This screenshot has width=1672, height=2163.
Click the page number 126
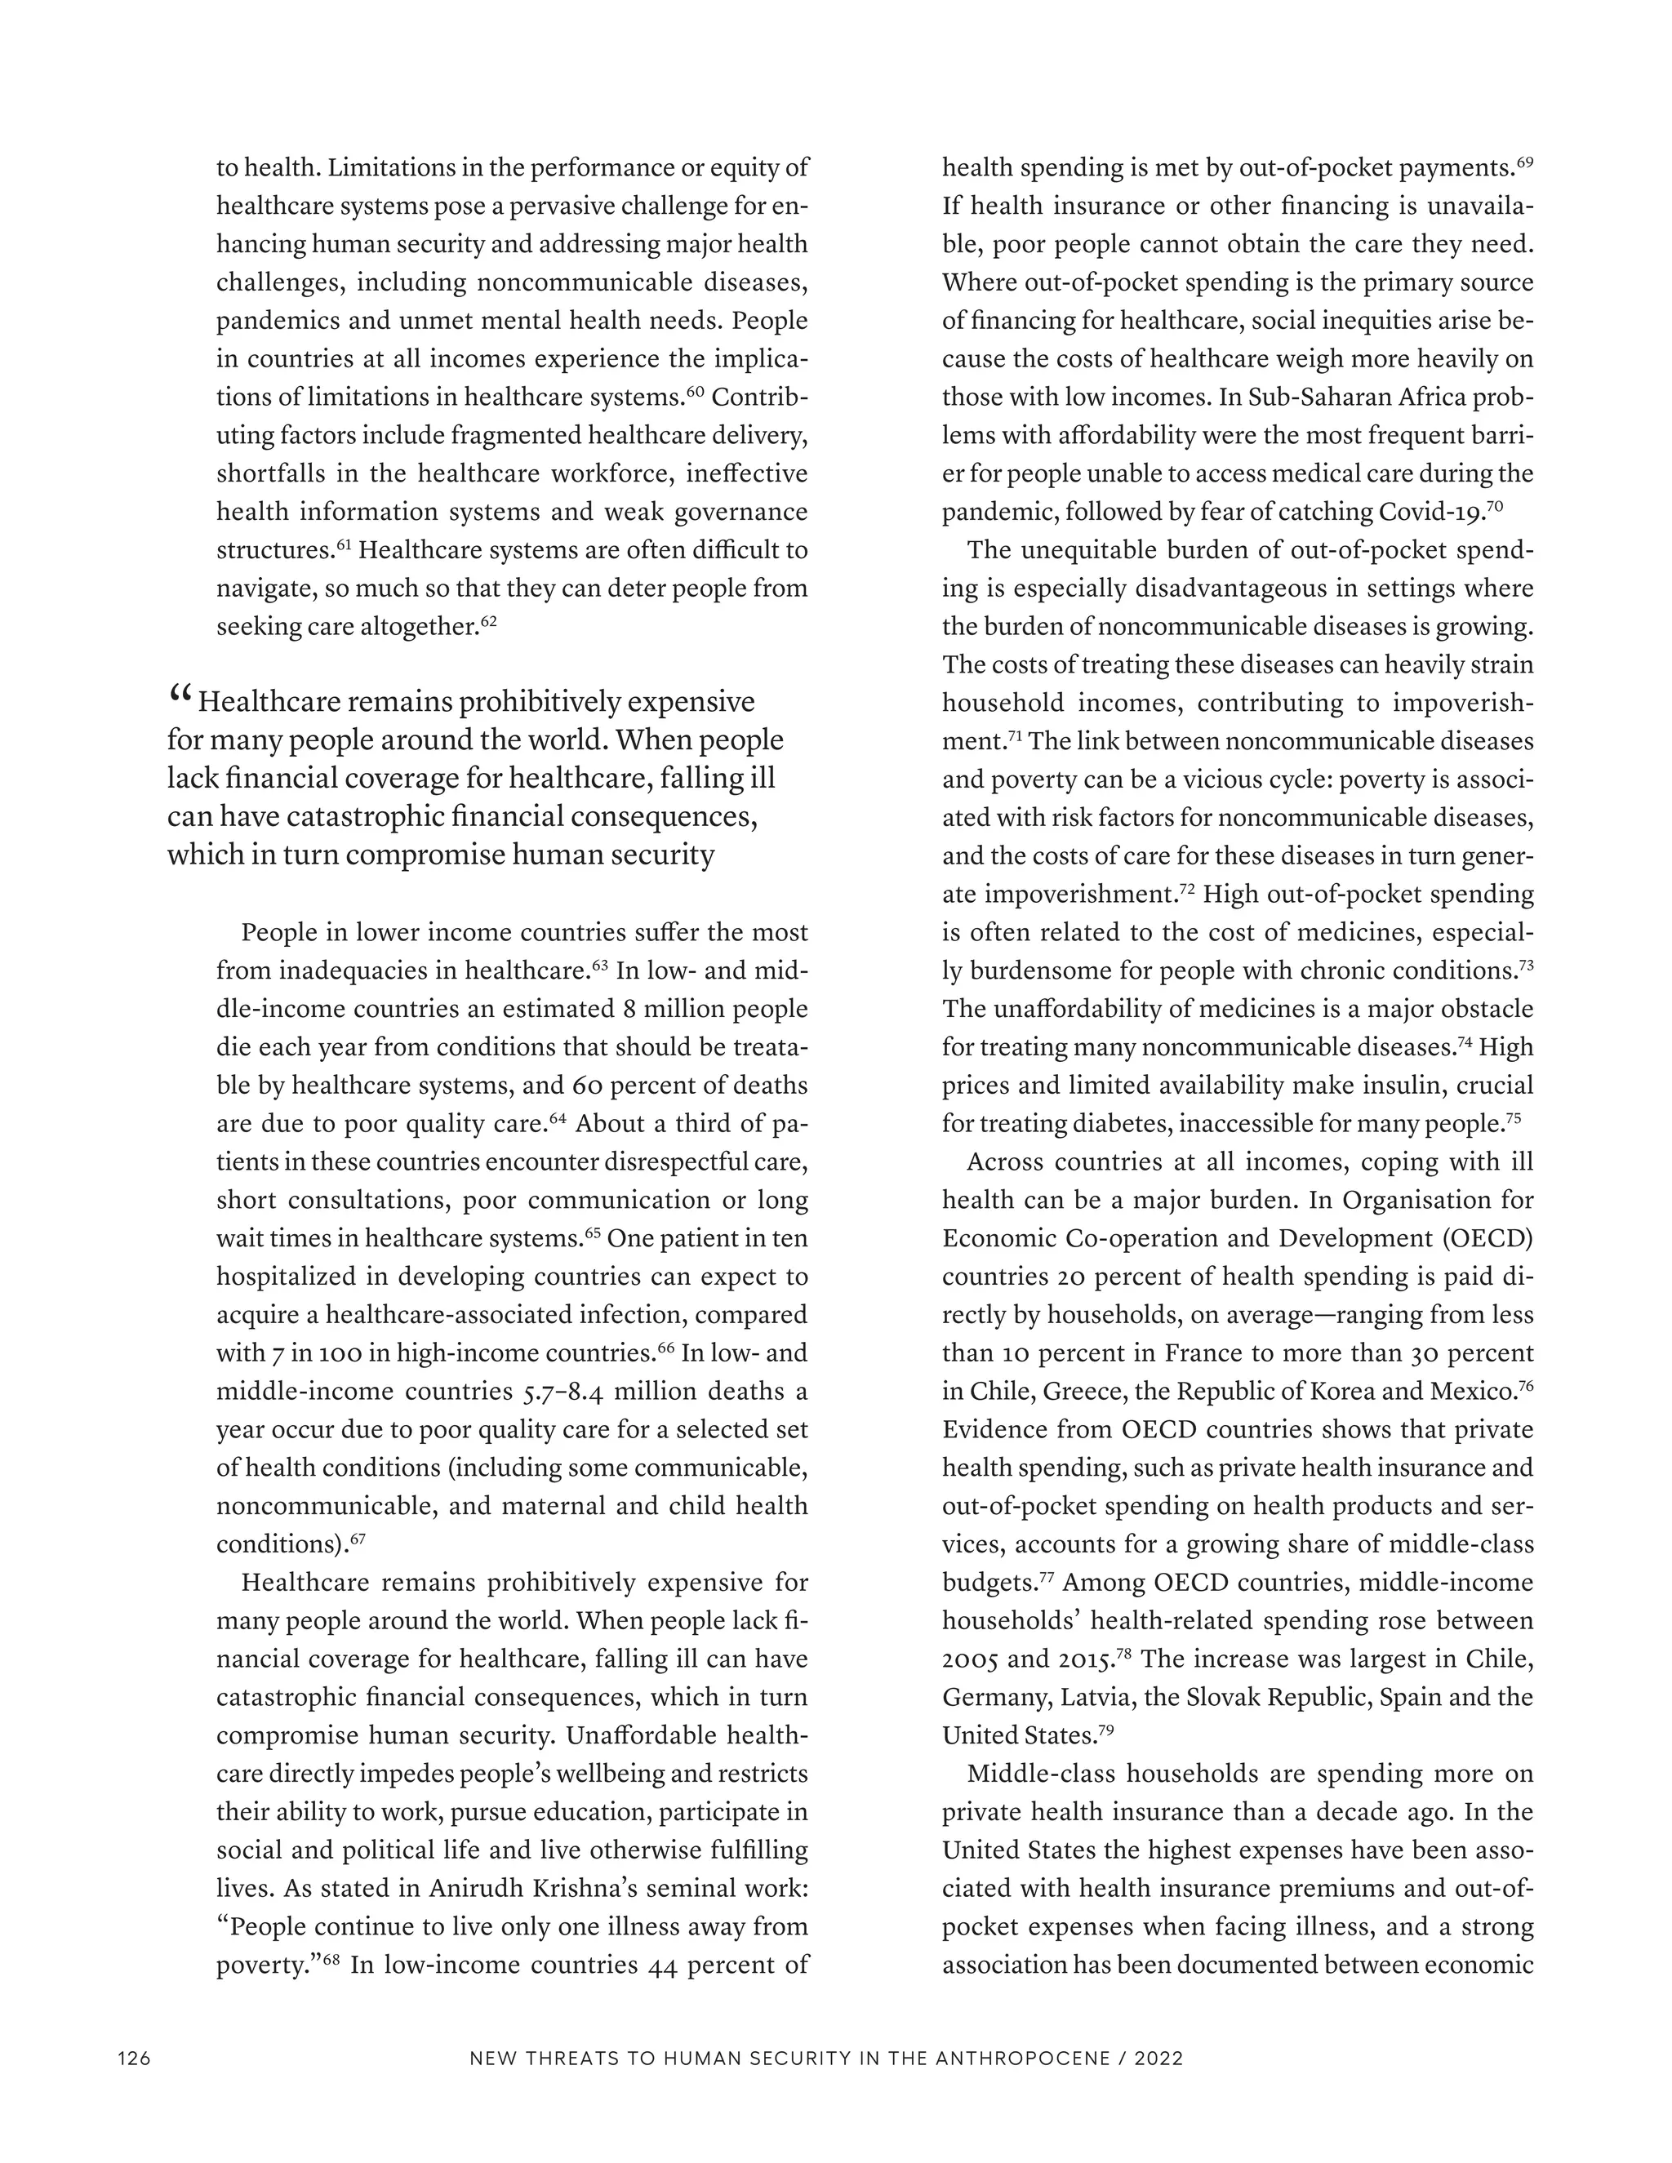coord(134,2059)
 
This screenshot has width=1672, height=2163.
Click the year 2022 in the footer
coord(1159,2059)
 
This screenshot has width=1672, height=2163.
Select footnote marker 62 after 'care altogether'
coord(487,622)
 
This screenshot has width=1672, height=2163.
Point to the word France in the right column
coord(1200,1352)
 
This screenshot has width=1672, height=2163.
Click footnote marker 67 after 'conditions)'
coord(358,1539)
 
